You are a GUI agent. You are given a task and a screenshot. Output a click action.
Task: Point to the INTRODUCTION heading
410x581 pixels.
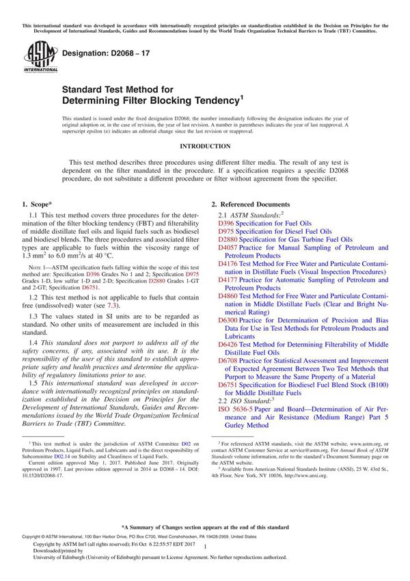pos(205,146)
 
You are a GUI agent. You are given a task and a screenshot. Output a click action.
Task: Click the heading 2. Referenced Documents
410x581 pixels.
pos(250,204)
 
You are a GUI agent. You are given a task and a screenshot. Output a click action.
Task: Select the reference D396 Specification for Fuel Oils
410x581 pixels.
pos(264,223)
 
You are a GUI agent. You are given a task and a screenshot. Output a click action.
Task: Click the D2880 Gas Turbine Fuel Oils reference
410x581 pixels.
pos(285,239)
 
